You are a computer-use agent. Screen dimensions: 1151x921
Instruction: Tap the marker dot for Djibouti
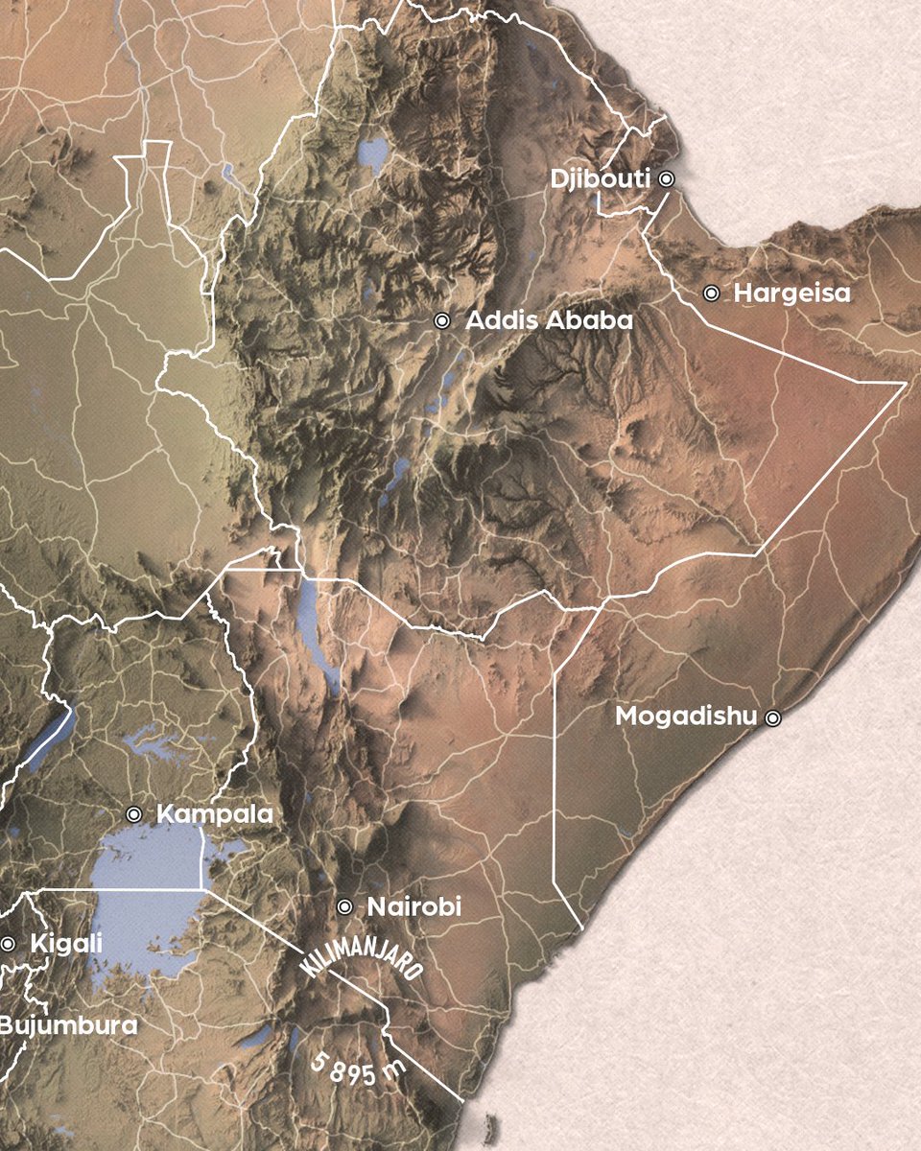667,178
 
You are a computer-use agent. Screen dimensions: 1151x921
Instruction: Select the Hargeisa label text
791,294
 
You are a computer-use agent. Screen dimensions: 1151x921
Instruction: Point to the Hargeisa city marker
711,294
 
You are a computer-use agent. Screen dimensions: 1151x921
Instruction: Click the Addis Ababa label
549,321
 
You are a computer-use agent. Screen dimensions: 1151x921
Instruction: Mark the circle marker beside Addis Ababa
442,321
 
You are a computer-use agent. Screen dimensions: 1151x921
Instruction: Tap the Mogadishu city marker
772,716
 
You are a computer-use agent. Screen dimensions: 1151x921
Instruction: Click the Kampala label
214,815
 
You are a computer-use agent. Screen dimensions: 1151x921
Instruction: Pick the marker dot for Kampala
134,815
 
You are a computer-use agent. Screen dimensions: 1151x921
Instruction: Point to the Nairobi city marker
345,906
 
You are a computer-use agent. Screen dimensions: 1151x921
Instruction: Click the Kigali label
66,944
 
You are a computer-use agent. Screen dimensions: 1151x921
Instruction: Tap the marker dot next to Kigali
8,944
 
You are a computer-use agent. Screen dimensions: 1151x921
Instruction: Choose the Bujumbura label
67,1025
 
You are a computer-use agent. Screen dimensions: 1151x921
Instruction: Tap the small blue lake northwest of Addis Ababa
372,152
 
